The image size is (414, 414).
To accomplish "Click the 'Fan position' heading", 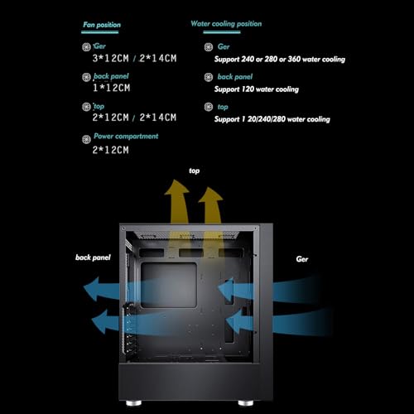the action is [x=102, y=25].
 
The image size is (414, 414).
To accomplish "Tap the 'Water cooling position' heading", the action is [x=226, y=24].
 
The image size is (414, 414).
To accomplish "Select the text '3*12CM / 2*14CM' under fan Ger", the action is [x=134, y=58].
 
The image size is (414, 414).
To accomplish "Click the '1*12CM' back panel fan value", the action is [x=111, y=88].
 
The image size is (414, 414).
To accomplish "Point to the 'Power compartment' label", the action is [x=126, y=136].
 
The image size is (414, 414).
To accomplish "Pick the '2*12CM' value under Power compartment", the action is [x=110, y=150].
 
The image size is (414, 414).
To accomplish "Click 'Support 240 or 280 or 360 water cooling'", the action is [x=280, y=59].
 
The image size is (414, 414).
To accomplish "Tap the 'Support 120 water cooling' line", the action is [x=257, y=89].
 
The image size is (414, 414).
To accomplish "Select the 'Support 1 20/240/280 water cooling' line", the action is [x=272, y=119].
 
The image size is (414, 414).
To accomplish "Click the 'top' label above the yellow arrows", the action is [x=195, y=171].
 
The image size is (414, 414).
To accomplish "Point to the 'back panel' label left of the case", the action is [x=93, y=258].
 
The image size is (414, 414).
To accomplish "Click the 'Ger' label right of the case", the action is [x=302, y=259].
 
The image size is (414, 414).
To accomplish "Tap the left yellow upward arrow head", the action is [x=176, y=188].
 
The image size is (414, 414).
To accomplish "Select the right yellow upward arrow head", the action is [x=210, y=195].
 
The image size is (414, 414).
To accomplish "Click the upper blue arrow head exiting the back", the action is [x=92, y=289].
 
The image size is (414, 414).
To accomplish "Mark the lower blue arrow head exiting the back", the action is [x=99, y=321].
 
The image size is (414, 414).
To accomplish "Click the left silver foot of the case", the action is [x=133, y=403].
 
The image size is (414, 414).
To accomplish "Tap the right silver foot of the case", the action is [x=246, y=403].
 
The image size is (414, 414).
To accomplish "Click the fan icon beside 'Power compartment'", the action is [x=86, y=139].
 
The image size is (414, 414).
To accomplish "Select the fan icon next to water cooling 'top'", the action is [x=209, y=107].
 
